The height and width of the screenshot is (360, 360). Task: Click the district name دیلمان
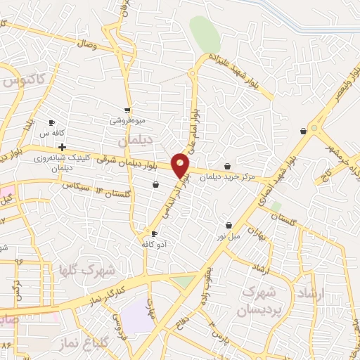pos(135,141)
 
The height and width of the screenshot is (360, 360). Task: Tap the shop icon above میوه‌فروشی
pos(127,110)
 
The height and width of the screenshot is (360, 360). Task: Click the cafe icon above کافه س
pos(51,123)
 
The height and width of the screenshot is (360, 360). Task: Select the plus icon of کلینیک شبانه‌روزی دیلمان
pos(63,148)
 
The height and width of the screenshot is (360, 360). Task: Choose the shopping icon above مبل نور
pos(229,226)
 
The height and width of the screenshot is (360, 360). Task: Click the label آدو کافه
pos(155,243)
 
